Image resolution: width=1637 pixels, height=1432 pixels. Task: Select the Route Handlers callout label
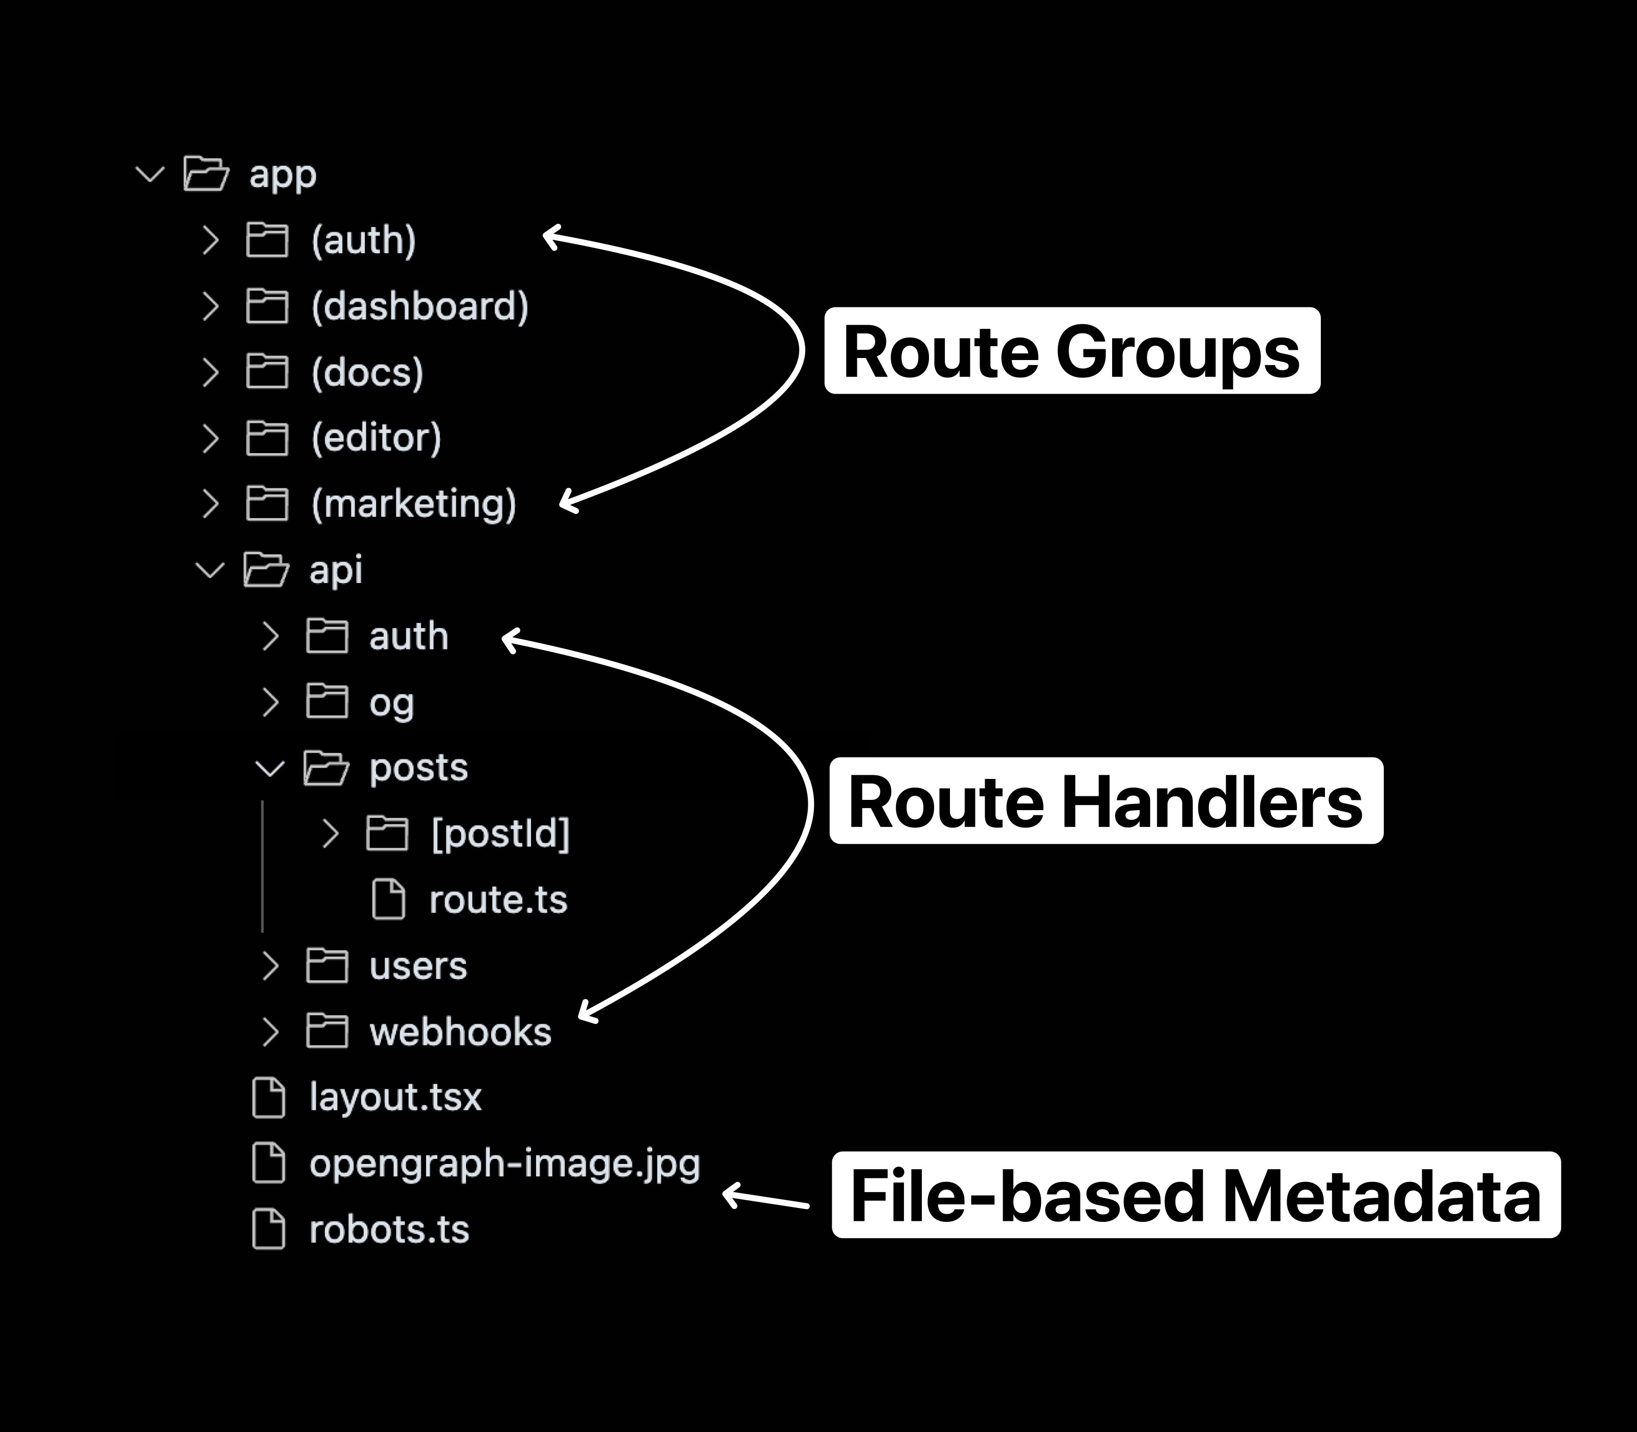[1105, 801]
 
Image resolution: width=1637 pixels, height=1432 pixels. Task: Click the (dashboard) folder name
[419, 306]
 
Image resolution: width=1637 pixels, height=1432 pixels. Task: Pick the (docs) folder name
[367, 372]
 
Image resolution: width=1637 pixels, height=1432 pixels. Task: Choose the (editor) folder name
[375, 438]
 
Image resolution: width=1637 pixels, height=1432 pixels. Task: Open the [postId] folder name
[500, 834]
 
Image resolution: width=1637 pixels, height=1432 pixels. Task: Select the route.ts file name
[497, 900]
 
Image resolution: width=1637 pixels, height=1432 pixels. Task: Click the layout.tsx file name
[395, 1097]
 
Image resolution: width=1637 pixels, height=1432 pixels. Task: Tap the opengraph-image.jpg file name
[504, 1163]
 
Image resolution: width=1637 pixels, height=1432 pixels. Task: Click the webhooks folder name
[459, 1032]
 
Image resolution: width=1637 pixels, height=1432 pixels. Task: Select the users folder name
[417, 966]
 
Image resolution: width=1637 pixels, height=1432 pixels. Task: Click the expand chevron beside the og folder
[270, 702]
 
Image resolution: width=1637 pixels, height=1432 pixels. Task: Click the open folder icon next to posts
[326, 768]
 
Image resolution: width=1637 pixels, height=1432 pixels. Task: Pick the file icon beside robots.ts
[269, 1229]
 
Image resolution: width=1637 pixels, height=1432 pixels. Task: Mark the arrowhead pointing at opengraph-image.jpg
[729, 1195]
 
